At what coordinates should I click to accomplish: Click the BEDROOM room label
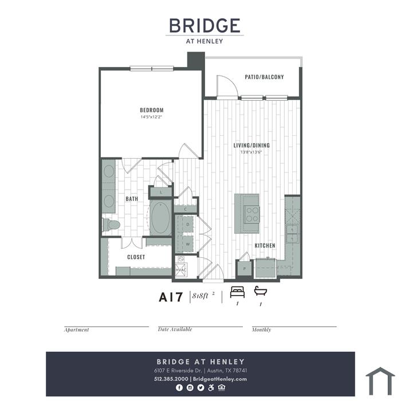[152, 110]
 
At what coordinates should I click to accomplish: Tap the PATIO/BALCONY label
[264, 77]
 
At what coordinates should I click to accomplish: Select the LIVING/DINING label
[251, 146]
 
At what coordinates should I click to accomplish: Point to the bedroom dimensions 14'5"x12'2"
[152, 117]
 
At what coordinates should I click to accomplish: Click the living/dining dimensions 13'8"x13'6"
[251, 152]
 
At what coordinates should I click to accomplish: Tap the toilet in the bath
[111, 225]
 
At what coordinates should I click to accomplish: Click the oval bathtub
[160, 218]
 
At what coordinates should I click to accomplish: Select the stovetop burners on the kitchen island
[252, 215]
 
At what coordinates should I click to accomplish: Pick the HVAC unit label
[181, 270]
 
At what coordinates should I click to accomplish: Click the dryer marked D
[188, 225]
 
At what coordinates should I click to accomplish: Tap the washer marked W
[188, 244]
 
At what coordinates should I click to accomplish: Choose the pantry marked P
[245, 269]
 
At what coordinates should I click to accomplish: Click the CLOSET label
[136, 257]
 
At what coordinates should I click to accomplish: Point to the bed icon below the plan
[237, 292]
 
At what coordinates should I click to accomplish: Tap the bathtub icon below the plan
[260, 291]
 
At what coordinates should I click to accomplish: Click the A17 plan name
[171, 297]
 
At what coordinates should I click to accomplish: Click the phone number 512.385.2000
[171, 379]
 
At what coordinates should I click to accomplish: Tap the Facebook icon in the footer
[179, 388]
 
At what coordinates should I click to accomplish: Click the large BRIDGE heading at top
[205, 26]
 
